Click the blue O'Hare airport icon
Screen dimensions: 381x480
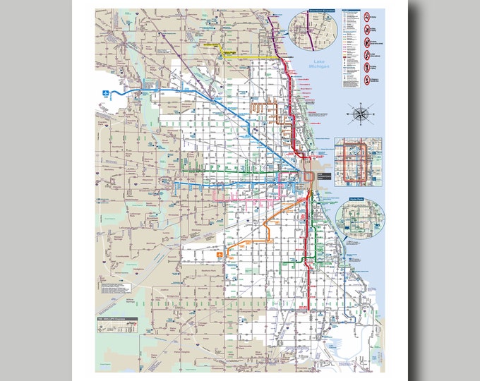[106, 92]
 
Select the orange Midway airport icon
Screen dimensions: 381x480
[220, 253]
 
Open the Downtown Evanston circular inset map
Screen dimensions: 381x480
[311, 31]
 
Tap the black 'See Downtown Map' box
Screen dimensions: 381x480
[323, 174]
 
